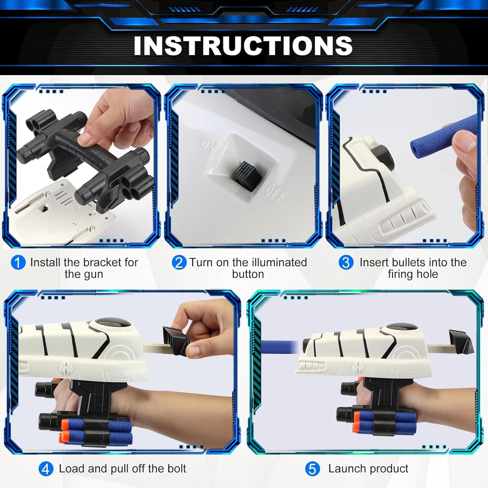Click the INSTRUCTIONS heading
pos(243,46)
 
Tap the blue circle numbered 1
pos(18,263)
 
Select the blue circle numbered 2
pos(179,263)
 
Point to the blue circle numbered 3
pos(346,263)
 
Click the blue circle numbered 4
pos(46,469)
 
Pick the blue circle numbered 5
pos(312,469)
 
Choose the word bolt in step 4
pos(176,468)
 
